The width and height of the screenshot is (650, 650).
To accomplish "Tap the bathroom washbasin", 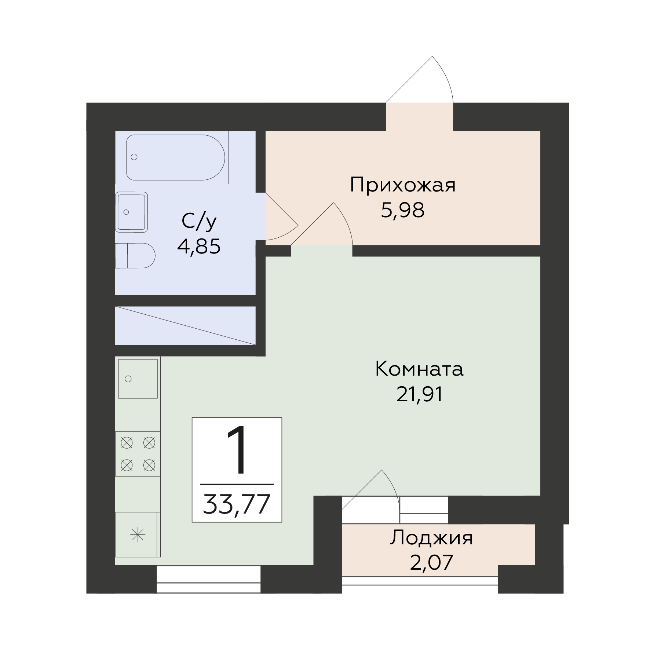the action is [131, 212].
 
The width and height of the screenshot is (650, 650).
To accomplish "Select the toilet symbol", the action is [135, 255].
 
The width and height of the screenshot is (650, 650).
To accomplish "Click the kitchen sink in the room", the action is [138, 379].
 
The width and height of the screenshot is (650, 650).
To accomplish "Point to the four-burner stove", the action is [138, 454].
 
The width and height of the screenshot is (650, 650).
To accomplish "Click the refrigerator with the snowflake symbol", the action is [138, 534].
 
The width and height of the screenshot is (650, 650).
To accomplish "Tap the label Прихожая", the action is [403, 186].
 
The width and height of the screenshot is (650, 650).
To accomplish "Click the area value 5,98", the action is [403, 211].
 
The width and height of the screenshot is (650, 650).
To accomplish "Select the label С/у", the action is [199, 222].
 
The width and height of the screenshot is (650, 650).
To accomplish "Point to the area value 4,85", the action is [199, 247].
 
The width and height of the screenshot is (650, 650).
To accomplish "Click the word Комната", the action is [419, 369].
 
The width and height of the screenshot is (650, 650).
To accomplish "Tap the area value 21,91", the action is [420, 395].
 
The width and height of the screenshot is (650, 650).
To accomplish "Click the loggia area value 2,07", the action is [431, 563].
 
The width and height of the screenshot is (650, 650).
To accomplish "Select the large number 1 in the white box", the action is [236, 450].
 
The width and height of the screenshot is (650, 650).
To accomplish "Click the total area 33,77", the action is [237, 504].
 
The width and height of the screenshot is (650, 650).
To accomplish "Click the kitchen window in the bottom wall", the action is [208, 579].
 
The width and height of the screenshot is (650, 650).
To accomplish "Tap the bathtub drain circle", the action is [134, 157].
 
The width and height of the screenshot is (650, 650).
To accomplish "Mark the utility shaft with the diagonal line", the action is [185, 326].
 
